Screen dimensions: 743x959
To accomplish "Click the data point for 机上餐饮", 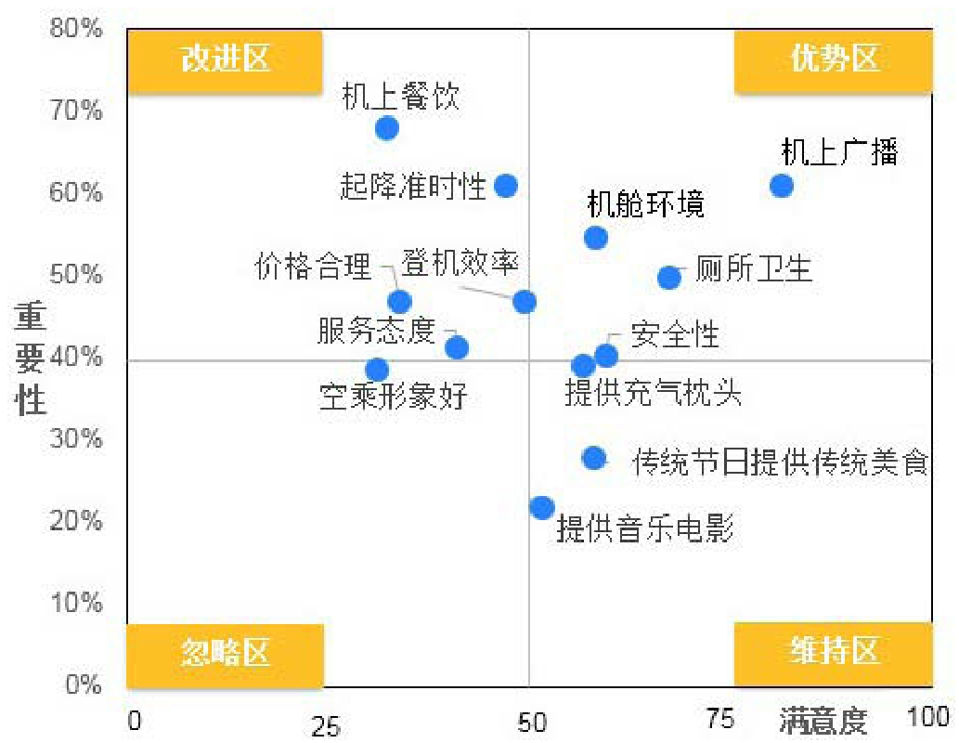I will [x=387, y=128].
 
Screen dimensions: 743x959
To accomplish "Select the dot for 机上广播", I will [x=782, y=186].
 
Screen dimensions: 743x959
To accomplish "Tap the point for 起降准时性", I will [x=505, y=186].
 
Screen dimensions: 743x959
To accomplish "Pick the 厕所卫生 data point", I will [x=669, y=278].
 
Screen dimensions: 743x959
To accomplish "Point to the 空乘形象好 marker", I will [x=377, y=370].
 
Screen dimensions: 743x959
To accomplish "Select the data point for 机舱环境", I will [x=596, y=238].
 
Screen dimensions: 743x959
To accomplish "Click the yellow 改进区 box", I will [x=225, y=60].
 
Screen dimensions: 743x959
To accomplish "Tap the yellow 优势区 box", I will [x=833, y=60].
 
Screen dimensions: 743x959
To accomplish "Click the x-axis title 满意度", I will [x=823, y=721].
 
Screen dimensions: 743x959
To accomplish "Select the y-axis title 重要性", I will [x=31, y=357].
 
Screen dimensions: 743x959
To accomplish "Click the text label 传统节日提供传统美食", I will [x=780, y=462].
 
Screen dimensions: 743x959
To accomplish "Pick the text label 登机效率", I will [x=460, y=263].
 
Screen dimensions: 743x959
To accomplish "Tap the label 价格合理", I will [x=314, y=267].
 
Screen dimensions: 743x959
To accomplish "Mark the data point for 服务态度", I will [x=457, y=348].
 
